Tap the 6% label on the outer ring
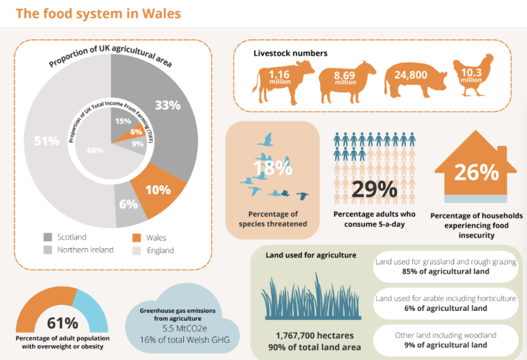(x=128, y=204)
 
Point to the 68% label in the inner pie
(x=95, y=150)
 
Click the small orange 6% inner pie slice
(x=135, y=133)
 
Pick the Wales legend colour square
(x=136, y=238)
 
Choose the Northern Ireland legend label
(x=86, y=250)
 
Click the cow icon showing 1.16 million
(x=283, y=82)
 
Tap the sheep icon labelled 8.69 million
(x=347, y=82)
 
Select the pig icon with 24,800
(x=416, y=80)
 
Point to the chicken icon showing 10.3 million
(x=473, y=76)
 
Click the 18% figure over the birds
(x=272, y=168)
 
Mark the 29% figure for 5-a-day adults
(x=374, y=189)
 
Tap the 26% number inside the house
(x=476, y=173)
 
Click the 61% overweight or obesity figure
(x=63, y=323)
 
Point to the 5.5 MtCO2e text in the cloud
(x=185, y=329)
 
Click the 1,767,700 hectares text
(x=314, y=336)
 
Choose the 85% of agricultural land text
(x=446, y=272)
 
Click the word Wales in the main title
(x=161, y=14)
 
